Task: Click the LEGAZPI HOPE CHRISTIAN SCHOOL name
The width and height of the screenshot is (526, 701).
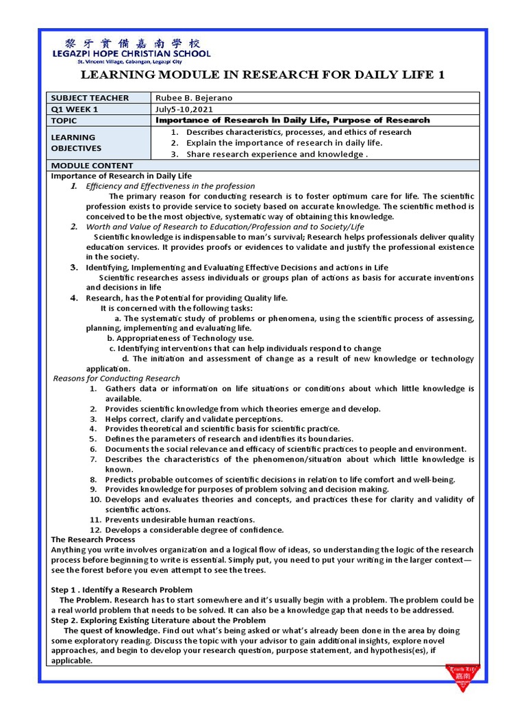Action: pos(132,54)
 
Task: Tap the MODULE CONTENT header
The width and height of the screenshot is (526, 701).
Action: pos(92,166)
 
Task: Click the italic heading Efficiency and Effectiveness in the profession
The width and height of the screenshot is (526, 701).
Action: pos(170,186)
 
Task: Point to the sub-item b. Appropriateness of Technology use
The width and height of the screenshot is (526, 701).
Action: pos(180,338)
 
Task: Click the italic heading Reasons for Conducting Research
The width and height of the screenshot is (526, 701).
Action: pos(116,379)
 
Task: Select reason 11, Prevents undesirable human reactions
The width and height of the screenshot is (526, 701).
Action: pos(179,520)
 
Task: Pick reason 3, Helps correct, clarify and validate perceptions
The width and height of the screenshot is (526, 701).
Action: pos(193,419)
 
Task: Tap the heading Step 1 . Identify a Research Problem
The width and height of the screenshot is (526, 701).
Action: pos(122,589)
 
